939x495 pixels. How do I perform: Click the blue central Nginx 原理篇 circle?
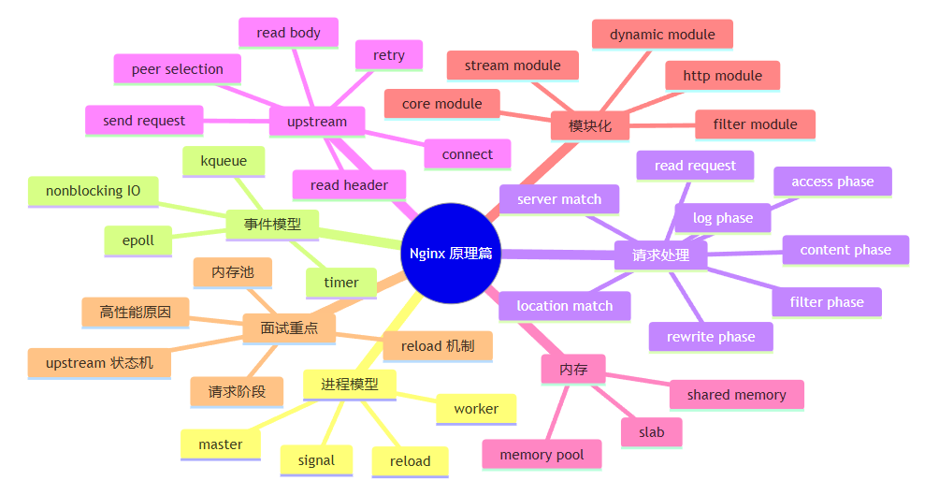[451, 253]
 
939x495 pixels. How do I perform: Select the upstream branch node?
[317, 122]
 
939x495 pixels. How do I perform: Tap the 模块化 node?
[590, 125]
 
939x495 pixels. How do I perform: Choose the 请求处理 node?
[660, 255]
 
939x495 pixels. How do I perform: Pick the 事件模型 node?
[272, 225]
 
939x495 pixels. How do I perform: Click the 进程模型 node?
[350, 385]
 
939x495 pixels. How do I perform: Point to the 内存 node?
[573, 370]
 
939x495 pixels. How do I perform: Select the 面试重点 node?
[289, 328]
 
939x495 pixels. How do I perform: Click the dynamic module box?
[662, 35]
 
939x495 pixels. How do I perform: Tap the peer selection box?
[178, 69]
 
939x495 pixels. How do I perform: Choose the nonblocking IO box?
[94, 192]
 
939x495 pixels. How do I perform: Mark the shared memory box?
[737, 395]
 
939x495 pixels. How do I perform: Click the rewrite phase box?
[711, 338]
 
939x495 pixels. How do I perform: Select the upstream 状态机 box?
[99, 363]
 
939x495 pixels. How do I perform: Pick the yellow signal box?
[316, 460]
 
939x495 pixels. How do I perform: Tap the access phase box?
[832, 182]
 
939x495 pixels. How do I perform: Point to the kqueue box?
[224, 161]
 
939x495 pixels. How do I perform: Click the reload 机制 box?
[438, 346]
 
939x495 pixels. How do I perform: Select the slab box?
[652, 432]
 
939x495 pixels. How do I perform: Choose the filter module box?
[755, 124]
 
